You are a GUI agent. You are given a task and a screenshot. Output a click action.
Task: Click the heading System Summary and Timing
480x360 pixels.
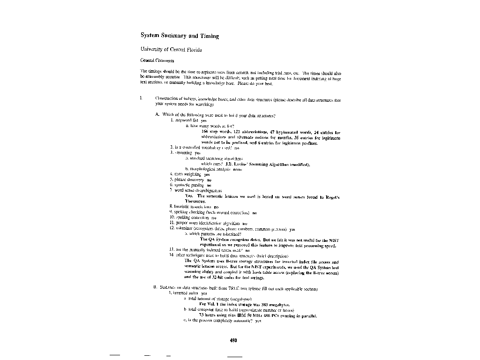tap(180, 36)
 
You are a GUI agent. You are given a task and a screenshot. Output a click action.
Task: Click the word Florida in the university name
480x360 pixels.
tap(192, 49)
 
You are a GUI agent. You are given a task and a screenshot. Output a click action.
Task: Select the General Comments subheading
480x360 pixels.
tap(157, 60)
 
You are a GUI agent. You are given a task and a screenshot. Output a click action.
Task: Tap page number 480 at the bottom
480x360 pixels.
tap(233, 340)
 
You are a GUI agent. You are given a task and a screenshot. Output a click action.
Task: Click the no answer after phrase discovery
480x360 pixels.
tap(209, 180)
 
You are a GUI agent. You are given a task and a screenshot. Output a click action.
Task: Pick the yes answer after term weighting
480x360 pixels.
tap(200, 174)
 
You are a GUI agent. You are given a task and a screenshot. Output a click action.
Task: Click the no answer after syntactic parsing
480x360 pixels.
tap(209, 185)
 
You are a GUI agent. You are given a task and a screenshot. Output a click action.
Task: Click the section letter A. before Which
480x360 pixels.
tap(157, 115)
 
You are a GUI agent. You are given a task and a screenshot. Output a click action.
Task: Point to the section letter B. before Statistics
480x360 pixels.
tap(155, 287)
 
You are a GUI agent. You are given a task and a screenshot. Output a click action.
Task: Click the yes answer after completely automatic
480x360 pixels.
tap(257, 321)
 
